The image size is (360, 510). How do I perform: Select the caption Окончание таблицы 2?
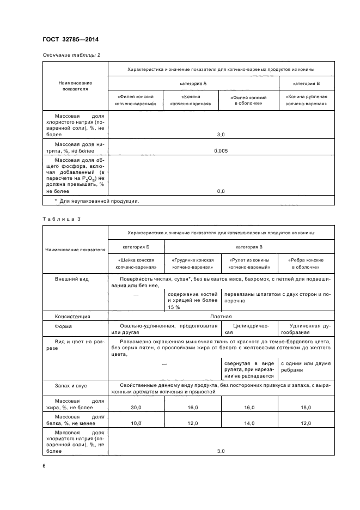pos(71,55)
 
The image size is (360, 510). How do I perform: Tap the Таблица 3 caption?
pos(61,218)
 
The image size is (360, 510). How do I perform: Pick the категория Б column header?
pos(136,246)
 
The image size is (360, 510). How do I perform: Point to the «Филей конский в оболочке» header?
pos(248,100)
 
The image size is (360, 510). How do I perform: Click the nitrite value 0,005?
pos(221,150)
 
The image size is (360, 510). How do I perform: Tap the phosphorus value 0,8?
pos(221,191)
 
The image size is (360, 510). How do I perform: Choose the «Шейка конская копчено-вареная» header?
pos(136,263)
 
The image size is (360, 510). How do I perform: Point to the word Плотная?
pos(221,316)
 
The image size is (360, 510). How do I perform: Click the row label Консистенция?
pos(72,316)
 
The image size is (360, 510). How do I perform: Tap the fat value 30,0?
pos(136,407)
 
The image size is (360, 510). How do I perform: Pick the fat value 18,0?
pos(306,407)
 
